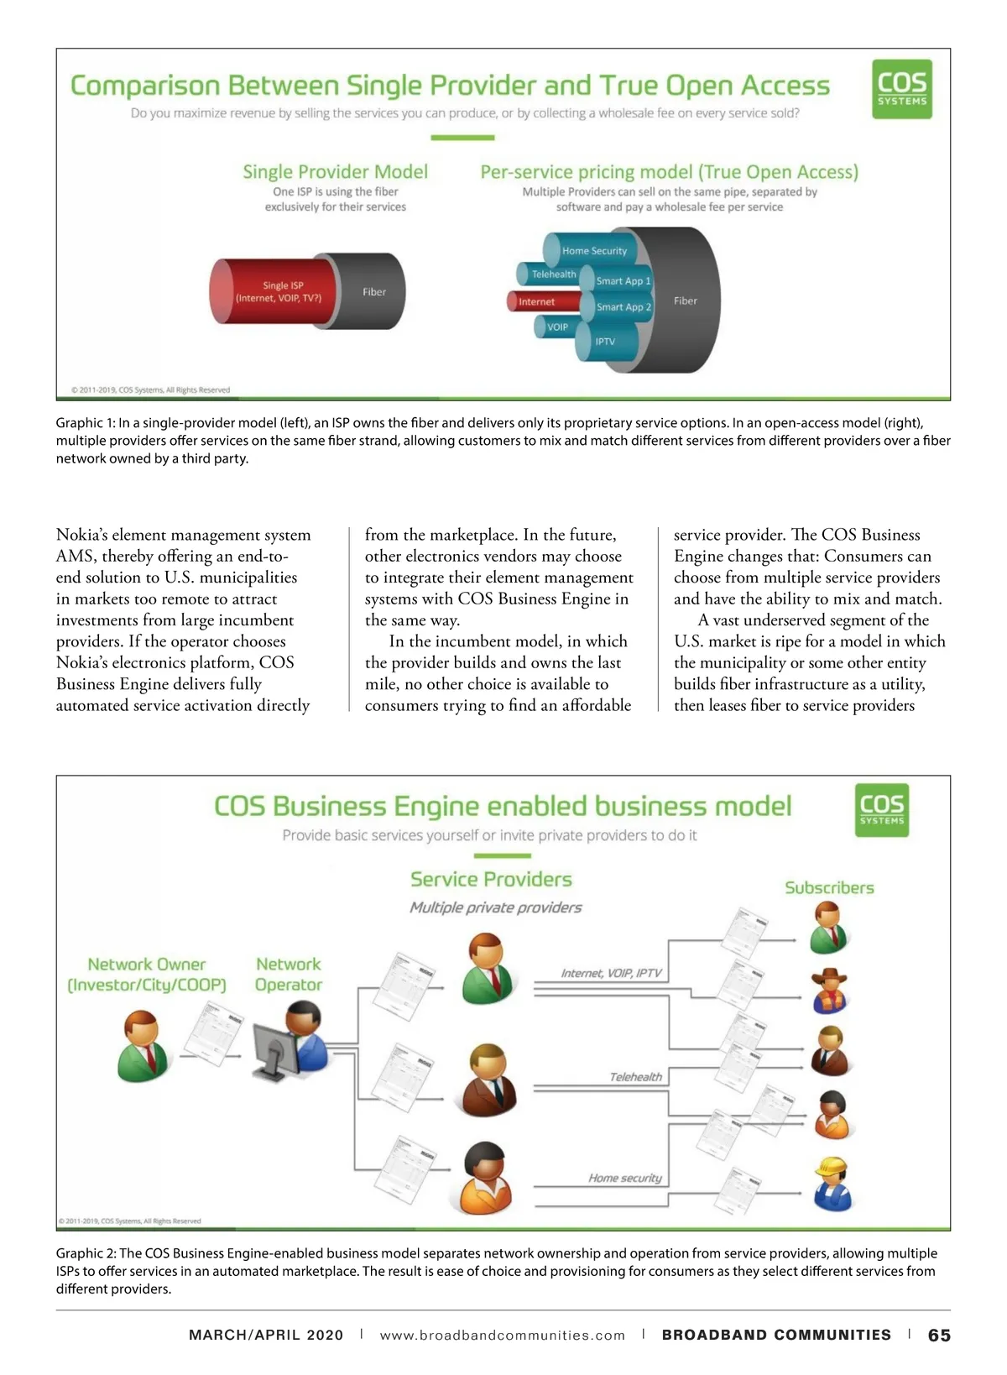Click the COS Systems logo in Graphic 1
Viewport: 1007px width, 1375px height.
click(x=902, y=89)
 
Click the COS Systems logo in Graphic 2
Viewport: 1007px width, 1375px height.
click(x=882, y=810)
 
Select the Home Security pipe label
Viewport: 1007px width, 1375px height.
click(x=594, y=251)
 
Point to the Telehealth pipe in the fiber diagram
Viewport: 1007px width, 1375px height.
click(x=553, y=274)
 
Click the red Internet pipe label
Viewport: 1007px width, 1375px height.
click(x=537, y=302)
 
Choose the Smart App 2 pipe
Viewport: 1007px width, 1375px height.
click(x=623, y=307)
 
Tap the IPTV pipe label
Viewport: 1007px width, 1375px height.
click(x=605, y=342)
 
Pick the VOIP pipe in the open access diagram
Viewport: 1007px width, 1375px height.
click(x=557, y=327)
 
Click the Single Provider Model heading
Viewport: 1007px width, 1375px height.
click(x=335, y=172)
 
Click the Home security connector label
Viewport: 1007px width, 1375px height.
click(x=625, y=1179)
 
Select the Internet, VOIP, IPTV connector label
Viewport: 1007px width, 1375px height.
click(x=611, y=974)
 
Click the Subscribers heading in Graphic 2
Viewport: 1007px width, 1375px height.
click(x=829, y=888)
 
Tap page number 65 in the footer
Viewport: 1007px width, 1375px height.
click(x=939, y=1336)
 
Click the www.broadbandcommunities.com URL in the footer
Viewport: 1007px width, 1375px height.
click(x=502, y=1336)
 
